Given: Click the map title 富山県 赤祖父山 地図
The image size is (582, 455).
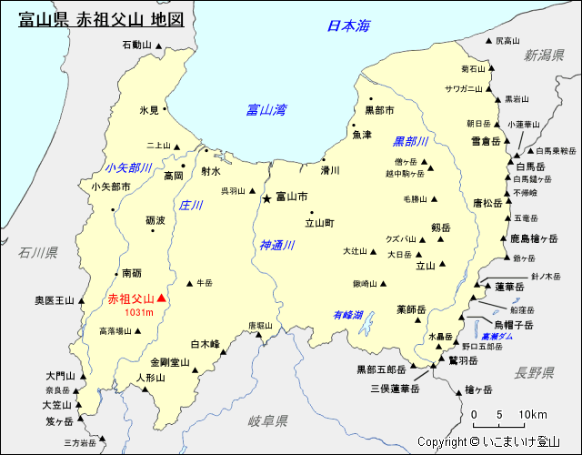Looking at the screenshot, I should click(x=100, y=18).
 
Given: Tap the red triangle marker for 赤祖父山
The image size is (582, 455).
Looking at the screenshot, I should click(x=162, y=298).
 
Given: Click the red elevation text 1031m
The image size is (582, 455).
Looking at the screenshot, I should click(x=141, y=313).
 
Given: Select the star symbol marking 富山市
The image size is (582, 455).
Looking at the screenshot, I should click(x=266, y=197).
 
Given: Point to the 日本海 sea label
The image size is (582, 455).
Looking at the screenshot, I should click(x=349, y=26).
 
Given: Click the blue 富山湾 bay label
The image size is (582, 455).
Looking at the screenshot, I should click(x=266, y=110).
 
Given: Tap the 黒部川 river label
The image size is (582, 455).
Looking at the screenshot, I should click(x=410, y=142).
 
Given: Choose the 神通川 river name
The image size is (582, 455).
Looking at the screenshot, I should click(x=277, y=245).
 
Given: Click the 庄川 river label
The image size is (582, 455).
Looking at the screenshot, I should click(x=191, y=206).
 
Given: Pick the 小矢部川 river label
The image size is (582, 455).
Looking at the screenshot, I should click(x=128, y=168).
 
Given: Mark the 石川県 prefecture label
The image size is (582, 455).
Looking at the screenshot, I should click(x=37, y=252).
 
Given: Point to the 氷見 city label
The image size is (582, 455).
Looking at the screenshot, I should click(x=149, y=110).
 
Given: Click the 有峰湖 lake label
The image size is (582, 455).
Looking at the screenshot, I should click(x=347, y=315).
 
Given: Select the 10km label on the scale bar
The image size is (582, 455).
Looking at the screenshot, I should click(x=533, y=415).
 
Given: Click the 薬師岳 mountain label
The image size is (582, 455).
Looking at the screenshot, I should click(x=412, y=309).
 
